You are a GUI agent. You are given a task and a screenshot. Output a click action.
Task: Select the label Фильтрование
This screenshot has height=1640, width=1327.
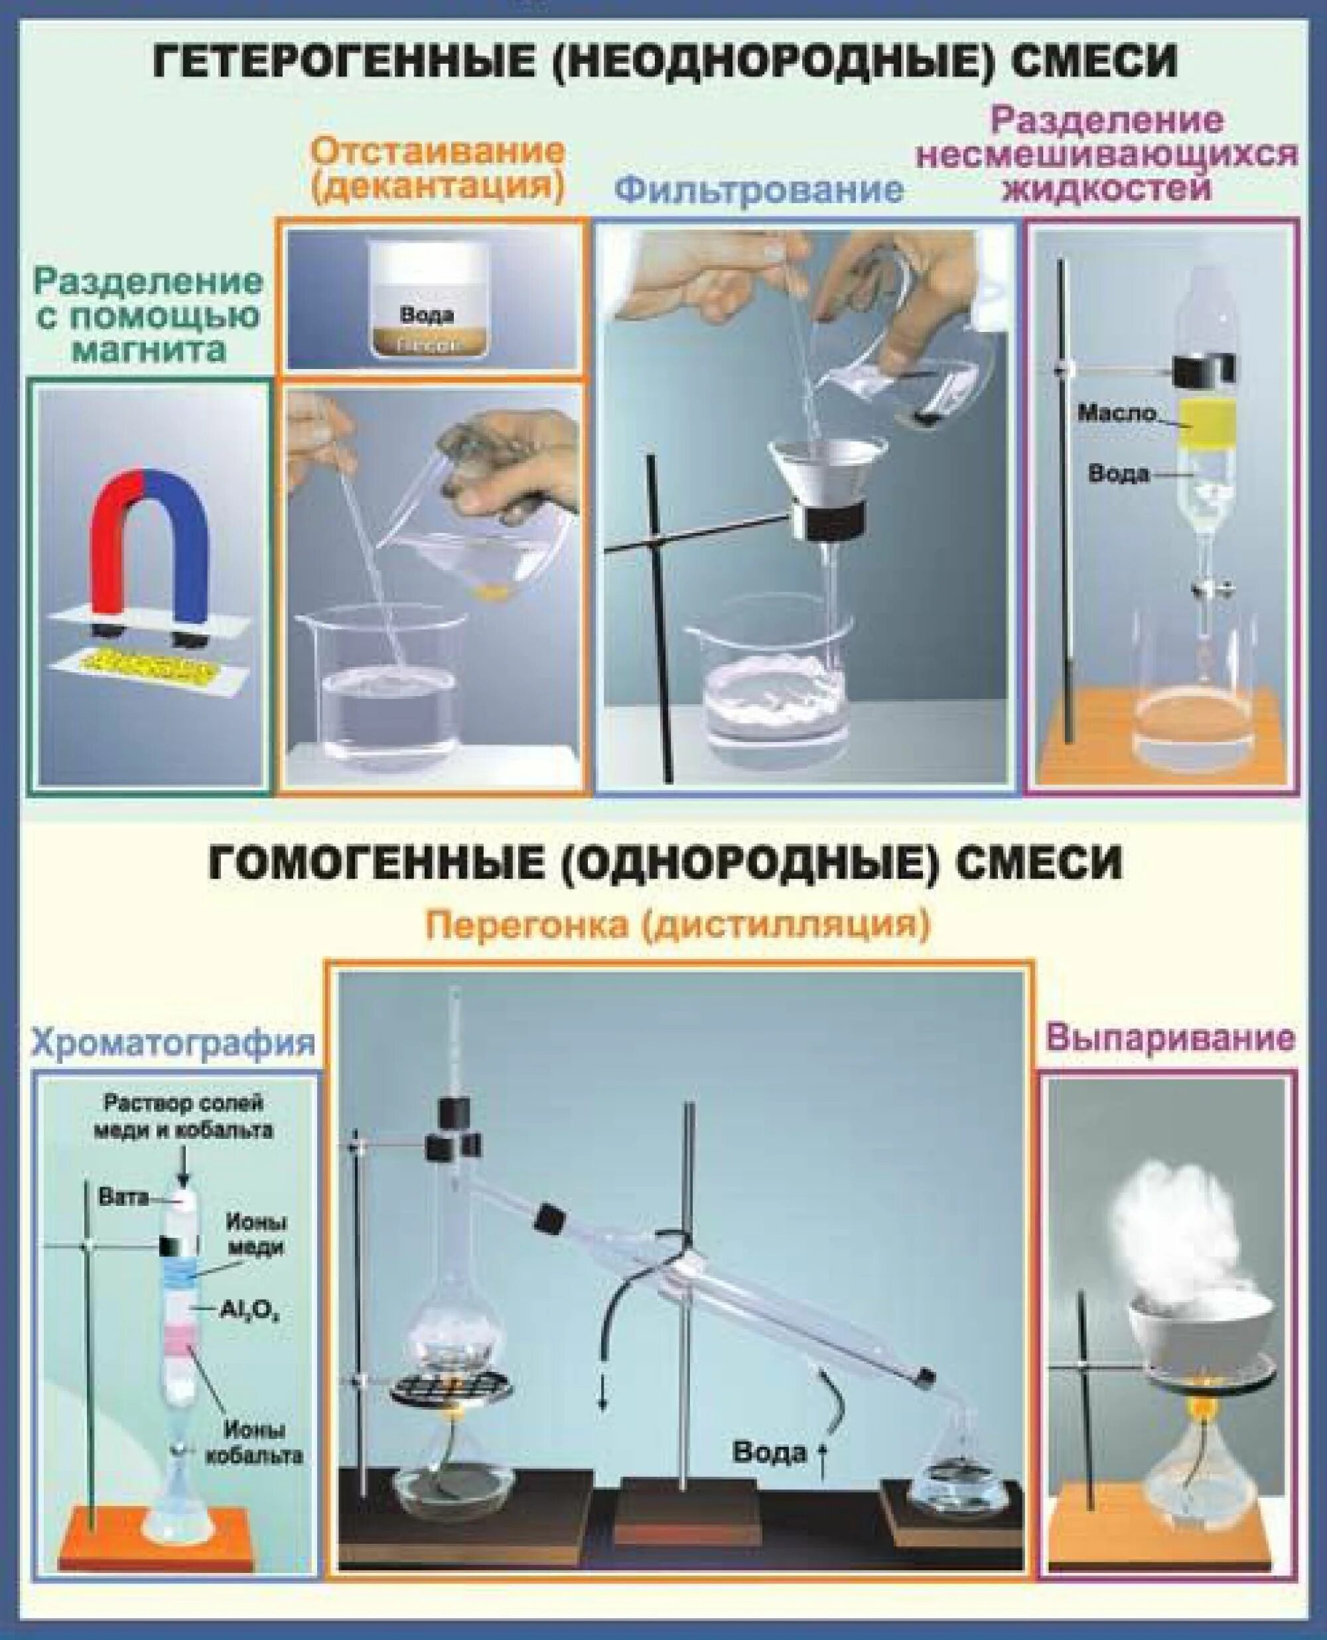click(x=759, y=190)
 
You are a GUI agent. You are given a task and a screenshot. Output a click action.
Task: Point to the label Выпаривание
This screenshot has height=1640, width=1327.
click(x=1170, y=1038)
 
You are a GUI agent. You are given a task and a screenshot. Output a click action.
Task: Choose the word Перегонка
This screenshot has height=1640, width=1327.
click(x=527, y=926)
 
